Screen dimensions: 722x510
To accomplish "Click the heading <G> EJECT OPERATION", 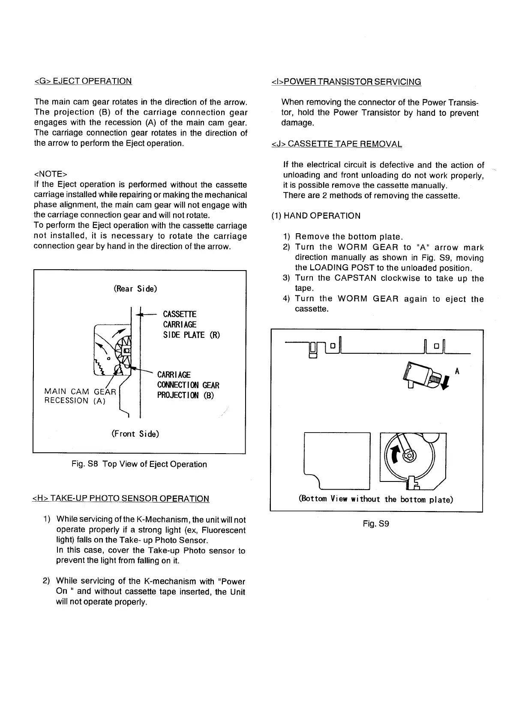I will pyautogui.click(x=83, y=81).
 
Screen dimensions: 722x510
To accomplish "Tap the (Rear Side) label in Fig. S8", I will pyautogui.click(x=135, y=289).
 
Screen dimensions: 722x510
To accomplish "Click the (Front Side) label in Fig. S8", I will pyautogui.click(x=135, y=433).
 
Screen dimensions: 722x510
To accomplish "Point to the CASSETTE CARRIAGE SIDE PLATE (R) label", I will pyautogui.click(x=191, y=325).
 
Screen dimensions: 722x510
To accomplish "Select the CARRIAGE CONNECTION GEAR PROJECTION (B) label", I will pyautogui.click(x=188, y=385).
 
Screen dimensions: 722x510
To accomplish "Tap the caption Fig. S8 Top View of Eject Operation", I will pyautogui.click(x=139, y=464).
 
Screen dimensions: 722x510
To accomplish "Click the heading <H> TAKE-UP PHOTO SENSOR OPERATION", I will pyautogui.click(x=121, y=499).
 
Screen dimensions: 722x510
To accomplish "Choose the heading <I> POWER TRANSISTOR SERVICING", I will pyautogui.click(x=346, y=81).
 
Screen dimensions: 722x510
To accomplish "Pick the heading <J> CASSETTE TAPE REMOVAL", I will pyautogui.click(x=337, y=144).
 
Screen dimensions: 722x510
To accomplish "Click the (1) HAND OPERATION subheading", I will pyautogui.click(x=316, y=216).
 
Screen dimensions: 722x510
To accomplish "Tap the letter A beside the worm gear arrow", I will pyautogui.click(x=457, y=371).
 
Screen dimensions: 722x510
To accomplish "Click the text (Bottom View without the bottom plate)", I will pyautogui.click(x=376, y=499).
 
